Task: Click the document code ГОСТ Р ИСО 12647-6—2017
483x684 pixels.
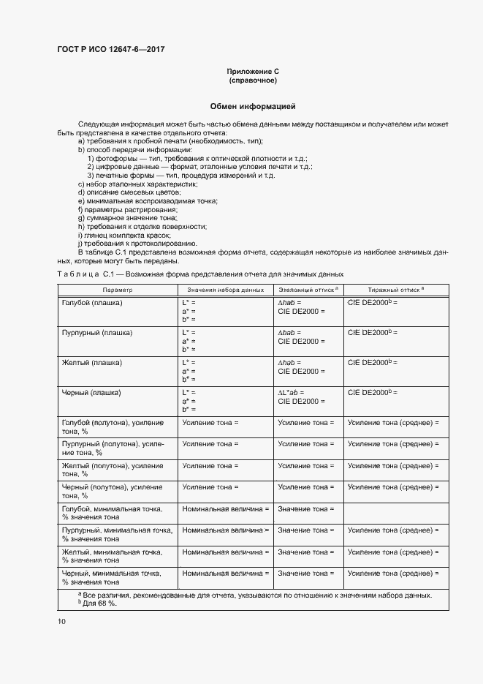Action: (110, 49)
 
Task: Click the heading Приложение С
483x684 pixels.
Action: (253, 72)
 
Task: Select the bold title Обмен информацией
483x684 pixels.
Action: (253, 107)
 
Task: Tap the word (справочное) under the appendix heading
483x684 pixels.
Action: (253, 80)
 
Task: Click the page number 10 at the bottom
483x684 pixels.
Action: (61, 621)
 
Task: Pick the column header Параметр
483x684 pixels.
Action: (118, 290)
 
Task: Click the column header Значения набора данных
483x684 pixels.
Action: (225, 290)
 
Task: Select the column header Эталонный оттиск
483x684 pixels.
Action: (306, 290)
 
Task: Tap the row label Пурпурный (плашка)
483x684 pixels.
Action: (97, 332)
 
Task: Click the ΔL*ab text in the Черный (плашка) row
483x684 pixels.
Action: (290, 393)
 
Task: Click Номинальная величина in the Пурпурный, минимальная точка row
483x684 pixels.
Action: (226, 530)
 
